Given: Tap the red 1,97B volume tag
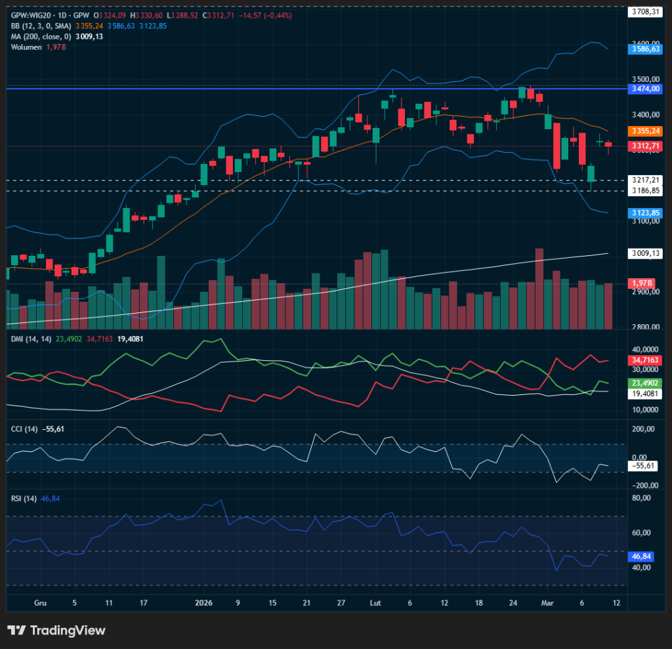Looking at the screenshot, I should click(x=640, y=283).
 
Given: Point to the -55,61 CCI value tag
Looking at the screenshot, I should click(x=643, y=465).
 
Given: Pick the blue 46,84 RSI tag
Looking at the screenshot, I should click(x=640, y=556).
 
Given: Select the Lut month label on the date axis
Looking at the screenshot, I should click(x=375, y=602).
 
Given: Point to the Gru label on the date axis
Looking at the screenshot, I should click(x=40, y=602).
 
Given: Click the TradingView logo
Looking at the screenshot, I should click(x=56, y=631).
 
